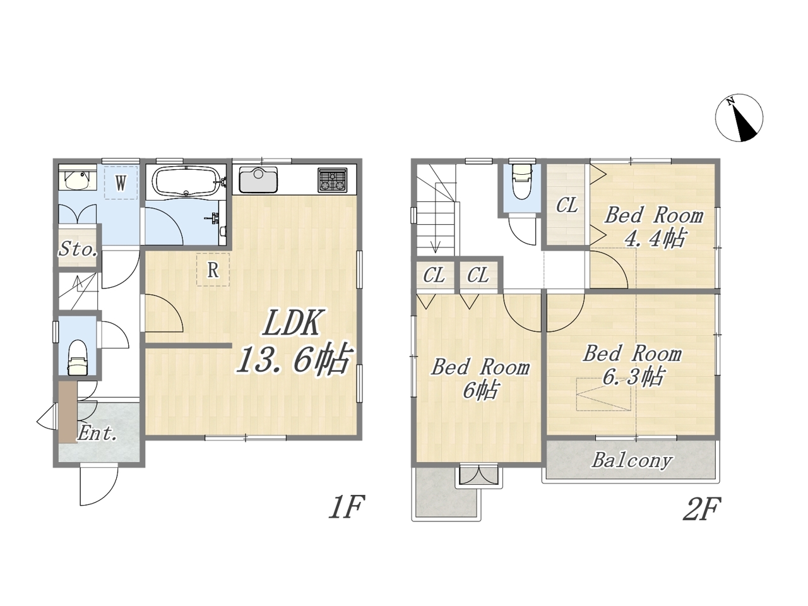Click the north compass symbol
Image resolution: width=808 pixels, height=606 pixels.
739,118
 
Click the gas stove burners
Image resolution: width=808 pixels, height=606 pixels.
333,180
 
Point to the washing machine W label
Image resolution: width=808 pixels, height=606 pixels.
121,183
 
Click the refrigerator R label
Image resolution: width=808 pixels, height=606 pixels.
213,270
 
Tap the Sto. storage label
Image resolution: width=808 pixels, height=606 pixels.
78,249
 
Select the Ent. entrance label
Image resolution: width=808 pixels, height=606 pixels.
97,434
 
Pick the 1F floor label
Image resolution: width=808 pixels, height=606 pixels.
347,507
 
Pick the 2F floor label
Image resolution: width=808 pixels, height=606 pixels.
701,509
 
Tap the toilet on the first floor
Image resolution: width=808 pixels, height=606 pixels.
78,357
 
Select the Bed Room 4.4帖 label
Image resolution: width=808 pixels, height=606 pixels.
654,227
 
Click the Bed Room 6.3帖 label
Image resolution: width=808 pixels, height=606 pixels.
633,365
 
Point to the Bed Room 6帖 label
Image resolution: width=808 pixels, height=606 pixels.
480,379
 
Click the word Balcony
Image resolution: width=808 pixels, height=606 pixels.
632,460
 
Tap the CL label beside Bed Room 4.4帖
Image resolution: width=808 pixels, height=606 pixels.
567,205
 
